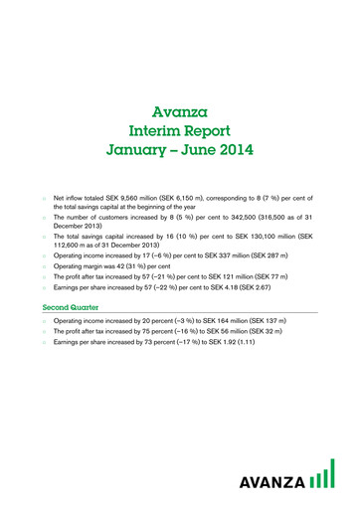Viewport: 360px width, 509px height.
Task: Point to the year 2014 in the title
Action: tap(231, 151)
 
